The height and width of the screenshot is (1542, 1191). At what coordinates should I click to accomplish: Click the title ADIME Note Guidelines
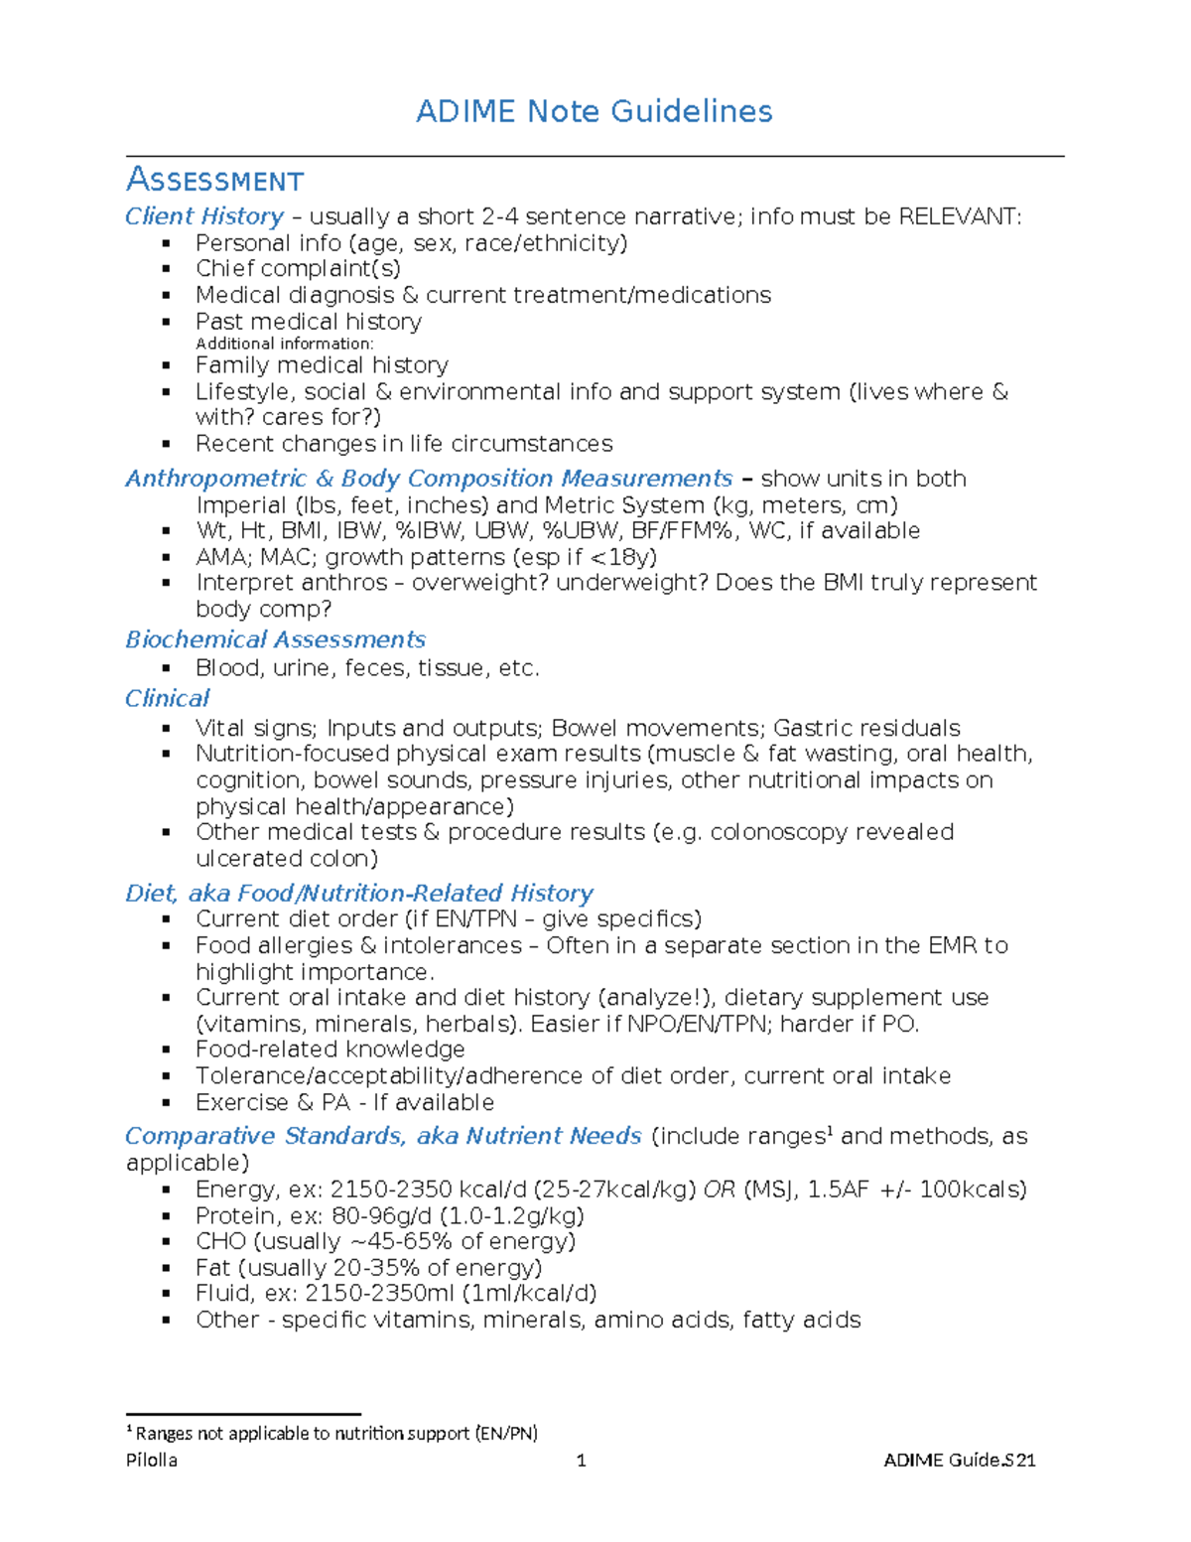[594, 111]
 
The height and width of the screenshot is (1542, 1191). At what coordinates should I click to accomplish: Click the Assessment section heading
[214, 180]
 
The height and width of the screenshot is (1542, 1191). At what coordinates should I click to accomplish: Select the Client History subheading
[204, 216]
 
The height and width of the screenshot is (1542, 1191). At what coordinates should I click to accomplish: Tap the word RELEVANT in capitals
[957, 216]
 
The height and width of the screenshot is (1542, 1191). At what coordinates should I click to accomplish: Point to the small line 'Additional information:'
[284, 344]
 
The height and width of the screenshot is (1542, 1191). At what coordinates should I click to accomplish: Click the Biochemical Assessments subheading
[275, 639]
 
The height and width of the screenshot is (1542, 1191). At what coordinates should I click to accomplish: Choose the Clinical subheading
[167, 699]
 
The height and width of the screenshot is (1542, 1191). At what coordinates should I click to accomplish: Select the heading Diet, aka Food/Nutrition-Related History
[358, 894]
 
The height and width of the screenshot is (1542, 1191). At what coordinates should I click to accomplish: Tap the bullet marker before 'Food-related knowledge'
[167, 1051]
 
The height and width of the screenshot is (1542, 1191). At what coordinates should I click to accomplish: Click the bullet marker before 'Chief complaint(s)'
[167, 269]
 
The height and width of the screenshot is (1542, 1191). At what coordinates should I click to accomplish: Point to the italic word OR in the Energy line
[720, 1190]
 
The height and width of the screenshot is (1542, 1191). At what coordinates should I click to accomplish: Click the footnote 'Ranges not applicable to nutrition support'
[335, 1433]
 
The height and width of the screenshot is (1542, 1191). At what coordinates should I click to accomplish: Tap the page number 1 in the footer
[582, 1461]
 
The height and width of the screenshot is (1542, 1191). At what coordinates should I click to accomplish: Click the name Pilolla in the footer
[152, 1461]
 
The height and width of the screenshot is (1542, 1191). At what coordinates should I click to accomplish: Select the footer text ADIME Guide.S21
[959, 1461]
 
